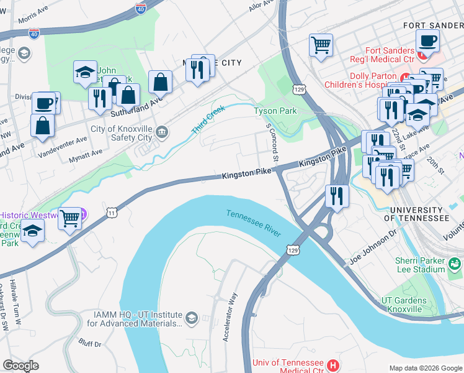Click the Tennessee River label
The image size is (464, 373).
[x=254, y=223]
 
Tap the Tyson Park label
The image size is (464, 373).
[x=275, y=111]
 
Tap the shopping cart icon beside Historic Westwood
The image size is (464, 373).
[x=70, y=218]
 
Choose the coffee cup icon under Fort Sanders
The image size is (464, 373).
[x=427, y=41]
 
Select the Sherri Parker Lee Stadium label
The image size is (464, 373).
[x=421, y=265]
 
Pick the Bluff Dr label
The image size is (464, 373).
[x=90, y=343]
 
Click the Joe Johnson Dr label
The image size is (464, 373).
[x=372, y=247]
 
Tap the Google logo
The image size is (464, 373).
[x=21, y=366]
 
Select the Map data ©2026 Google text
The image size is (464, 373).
[x=425, y=368]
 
